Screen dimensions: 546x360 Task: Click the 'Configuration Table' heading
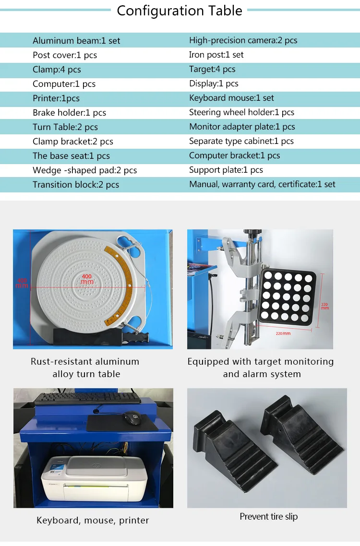pos(180,11)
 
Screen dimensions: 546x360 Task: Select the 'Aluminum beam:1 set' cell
pos(76,41)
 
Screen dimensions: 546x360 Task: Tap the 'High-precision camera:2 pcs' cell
pos(243,40)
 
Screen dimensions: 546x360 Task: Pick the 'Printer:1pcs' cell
pos(56,98)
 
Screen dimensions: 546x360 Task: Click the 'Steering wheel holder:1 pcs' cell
pos(241,112)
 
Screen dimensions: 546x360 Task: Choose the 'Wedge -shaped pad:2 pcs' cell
pos(84,170)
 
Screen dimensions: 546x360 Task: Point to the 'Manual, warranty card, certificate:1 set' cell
pos(262,184)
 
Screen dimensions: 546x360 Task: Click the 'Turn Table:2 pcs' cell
pos(65,127)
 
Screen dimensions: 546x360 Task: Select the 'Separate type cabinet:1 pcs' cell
pos(241,141)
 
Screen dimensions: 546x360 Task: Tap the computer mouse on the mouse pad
pos(132,418)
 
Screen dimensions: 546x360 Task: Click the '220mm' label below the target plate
pos(283,333)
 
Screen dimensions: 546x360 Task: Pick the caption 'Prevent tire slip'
pos(268,517)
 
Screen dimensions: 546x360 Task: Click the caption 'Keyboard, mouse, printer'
pos(93,520)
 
